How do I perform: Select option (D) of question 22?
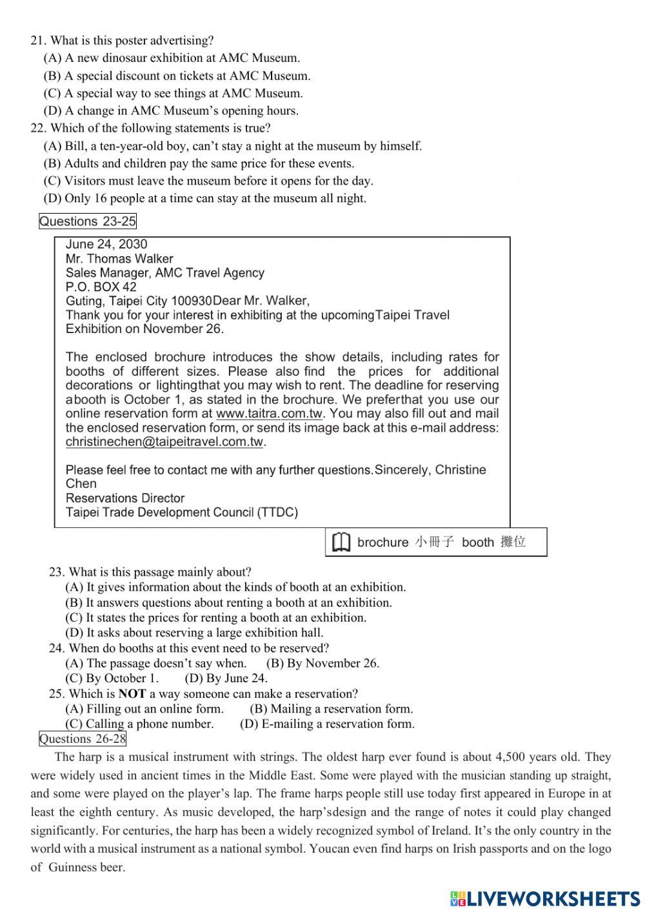(x=204, y=198)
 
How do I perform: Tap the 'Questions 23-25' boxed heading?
(x=88, y=221)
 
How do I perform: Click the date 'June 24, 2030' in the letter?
(x=106, y=245)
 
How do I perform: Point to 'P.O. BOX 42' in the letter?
(x=101, y=287)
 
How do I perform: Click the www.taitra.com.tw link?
(x=269, y=414)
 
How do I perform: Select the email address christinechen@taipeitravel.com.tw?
(x=164, y=442)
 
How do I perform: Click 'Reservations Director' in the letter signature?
(x=125, y=498)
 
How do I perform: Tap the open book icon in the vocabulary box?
(x=341, y=542)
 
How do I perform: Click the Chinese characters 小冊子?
(x=435, y=542)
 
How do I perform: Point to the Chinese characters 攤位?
(x=513, y=542)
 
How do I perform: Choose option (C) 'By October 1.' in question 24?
(x=112, y=678)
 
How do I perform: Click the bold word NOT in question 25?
(x=132, y=694)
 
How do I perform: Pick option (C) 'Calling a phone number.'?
(x=139, y=724)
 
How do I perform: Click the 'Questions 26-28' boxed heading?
(x=83, y=739)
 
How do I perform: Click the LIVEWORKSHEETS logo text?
(x=546, y=898)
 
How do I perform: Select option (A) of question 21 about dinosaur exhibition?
(x=172, y=58)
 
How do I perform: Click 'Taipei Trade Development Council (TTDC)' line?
(x=182, y=512)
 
